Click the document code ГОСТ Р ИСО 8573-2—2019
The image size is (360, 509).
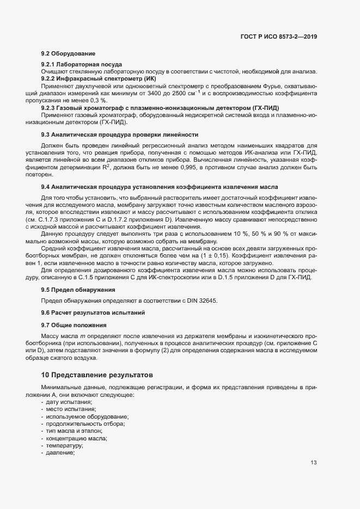(278, 36)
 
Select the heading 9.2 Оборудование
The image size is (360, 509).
(68, 53)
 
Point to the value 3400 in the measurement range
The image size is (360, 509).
(164, 93)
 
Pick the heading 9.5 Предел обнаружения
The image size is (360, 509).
(78, 290)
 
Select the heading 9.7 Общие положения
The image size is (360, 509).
(74, 326)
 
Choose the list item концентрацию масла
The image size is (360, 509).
(76, 439)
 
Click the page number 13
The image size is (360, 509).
(314, 463)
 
